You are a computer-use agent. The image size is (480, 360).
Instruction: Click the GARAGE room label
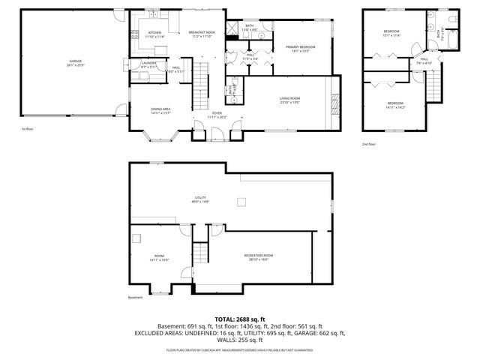tap(76, 61)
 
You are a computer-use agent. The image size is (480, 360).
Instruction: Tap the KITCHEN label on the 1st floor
tap(155, 33)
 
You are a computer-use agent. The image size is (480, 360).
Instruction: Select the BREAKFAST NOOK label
tap(202, 33)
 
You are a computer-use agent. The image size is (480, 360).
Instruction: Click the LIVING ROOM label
tap(289, 98)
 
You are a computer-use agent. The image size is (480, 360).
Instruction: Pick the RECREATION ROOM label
tap(258, 256)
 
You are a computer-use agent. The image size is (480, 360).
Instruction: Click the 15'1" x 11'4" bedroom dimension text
tap(391, 34)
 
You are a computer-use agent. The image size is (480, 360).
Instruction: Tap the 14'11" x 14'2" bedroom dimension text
tap(395, 106)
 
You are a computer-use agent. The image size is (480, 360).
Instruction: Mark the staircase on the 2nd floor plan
tap(434, 82)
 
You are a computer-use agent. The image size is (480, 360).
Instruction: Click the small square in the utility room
tap(241, 200)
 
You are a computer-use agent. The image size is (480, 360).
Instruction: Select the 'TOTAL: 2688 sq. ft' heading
tap(239, 319)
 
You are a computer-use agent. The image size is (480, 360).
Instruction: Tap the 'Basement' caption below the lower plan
tap(135, 298)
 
